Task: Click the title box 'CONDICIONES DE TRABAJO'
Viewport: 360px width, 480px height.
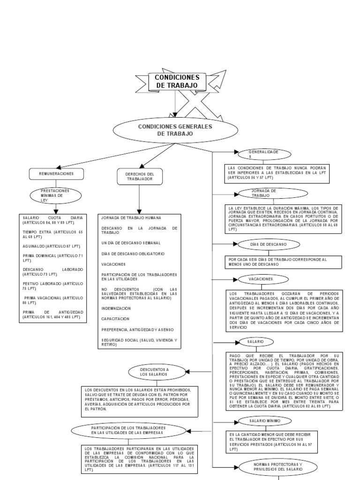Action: tap(177, 81)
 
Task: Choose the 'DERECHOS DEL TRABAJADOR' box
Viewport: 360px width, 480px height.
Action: tap(139, 176)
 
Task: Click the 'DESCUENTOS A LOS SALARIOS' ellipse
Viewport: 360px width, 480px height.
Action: tap(154, 372)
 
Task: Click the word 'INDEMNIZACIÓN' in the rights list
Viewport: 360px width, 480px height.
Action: tap(116, 308)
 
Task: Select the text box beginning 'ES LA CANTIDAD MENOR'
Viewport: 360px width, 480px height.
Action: tap(271, 441)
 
